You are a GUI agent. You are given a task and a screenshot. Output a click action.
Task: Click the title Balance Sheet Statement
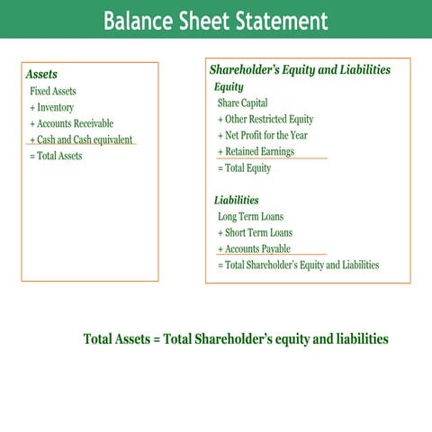tap(216, 20)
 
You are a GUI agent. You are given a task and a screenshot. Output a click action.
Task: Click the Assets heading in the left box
tap(41, 75)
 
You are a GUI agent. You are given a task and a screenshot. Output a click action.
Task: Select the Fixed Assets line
tap(53, 91)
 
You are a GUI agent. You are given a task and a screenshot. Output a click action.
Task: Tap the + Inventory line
tap(52, 107)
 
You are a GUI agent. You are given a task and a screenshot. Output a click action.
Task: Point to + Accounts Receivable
tap(72, 123)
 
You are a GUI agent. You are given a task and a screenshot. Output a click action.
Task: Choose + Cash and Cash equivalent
tap(81, 139)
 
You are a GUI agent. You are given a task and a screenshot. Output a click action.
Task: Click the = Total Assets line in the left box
tap(56, 156)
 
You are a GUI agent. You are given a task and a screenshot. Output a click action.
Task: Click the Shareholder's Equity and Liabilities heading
tap(300, 69)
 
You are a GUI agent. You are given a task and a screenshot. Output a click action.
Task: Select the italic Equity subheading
tap(229, 86)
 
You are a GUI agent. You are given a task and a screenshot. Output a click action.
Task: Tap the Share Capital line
tap(242, 103)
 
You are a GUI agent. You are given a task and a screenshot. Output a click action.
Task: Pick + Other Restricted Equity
tap(265, 119)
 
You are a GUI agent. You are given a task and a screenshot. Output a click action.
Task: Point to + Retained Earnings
tap(256, 151)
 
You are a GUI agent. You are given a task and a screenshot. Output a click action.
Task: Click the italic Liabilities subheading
tap(237, 200)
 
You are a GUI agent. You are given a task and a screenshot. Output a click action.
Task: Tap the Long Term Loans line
tap(250, 216)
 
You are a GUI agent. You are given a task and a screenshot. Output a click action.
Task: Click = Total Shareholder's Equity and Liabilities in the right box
tap(298, 265)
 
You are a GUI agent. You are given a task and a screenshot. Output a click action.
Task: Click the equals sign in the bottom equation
tap(157, 339)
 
